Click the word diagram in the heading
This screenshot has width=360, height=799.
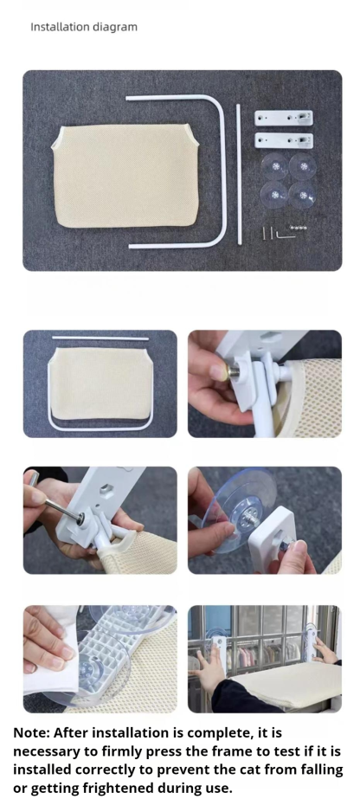coord(117,28)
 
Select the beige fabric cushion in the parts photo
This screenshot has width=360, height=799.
coord(125,175)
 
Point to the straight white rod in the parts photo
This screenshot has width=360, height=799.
coord(238,174)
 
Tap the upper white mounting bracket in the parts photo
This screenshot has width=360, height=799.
coord(284,119)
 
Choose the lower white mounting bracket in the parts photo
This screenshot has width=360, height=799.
coord(284,140)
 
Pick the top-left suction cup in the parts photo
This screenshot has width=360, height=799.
coord(275,166)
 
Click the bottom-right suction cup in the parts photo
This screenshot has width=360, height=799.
coord(303,195)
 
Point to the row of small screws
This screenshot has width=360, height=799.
coord(299,228)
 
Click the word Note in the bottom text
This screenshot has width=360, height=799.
coord(31,732)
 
